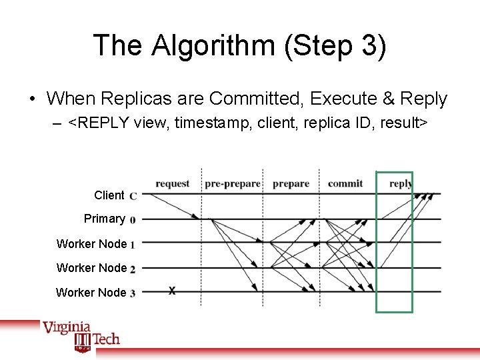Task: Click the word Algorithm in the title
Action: click(x=212, y=46)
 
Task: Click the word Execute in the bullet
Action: click(x=345, y=99)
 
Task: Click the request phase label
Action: click(x=172, y=183)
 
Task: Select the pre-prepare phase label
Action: click(x=231, y=183)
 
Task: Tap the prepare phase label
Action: click(x=291, y=183)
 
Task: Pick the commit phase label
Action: click(x=345, y=183)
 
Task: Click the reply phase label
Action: click(x=400, y=183)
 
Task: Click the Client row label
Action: click(x=109, y=195)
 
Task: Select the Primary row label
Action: click(x=104, y=219)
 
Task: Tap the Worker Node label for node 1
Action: click(x=91, y=244)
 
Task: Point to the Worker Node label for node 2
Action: click(x=91, y=268)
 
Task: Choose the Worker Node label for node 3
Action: click(x=91, y=292)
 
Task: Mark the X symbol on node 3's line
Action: click(x=172, y=291)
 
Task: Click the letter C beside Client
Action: click(x=133, y=196)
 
